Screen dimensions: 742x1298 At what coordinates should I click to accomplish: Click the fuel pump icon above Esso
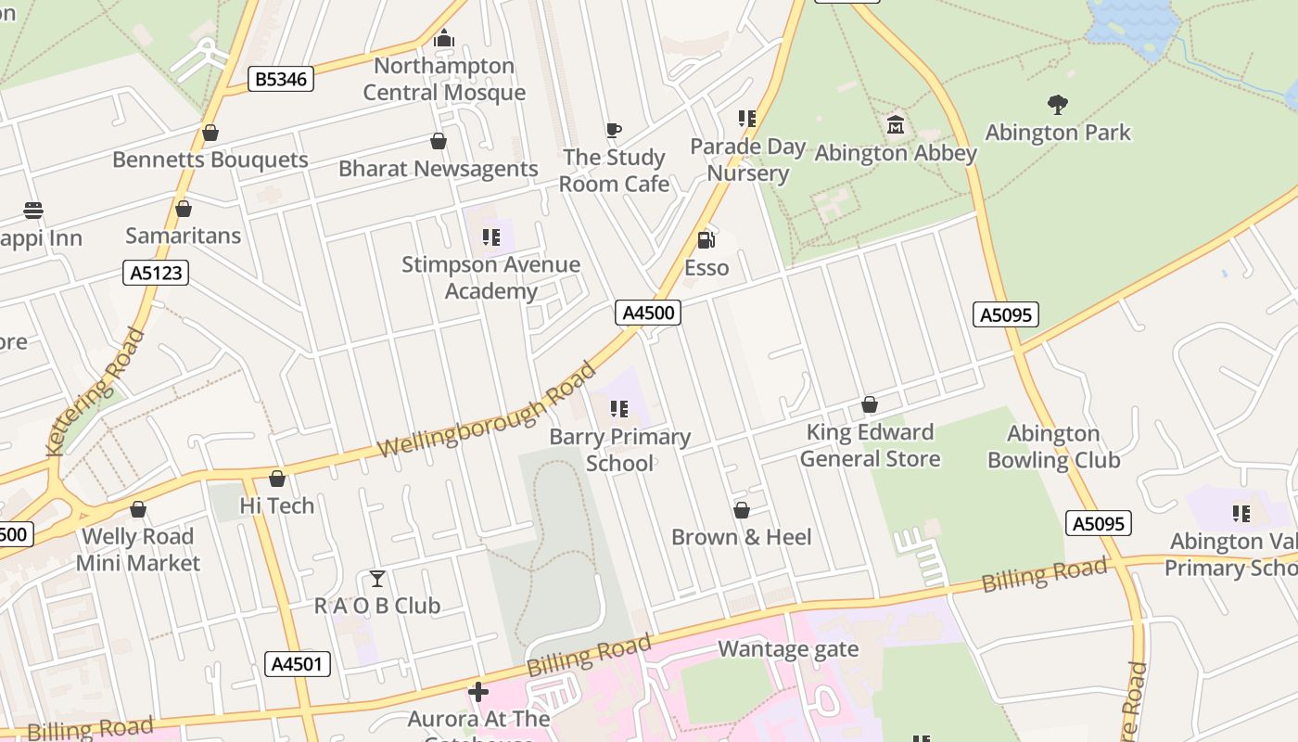(x=706, y=240)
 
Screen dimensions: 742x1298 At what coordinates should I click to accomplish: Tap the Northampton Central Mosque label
(x=444, y=79)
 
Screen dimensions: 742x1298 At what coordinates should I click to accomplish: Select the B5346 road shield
(x=281, y=80)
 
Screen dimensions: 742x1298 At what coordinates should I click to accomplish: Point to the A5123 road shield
(x=155, y=273)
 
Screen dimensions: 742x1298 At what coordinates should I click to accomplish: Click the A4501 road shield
(x=298, y=664)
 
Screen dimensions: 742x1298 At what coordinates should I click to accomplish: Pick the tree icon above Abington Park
(x=1057, y=105)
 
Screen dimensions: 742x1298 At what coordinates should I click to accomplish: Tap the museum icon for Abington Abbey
(x=896, y=125)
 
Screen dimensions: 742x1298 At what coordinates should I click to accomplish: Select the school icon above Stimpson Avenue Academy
(x=490, y=237)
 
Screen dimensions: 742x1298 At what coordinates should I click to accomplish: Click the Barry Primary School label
(x=619, y=449)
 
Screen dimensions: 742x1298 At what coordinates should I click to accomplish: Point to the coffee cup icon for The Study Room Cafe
(x=613, y=131)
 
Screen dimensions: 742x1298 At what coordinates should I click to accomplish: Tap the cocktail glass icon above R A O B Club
(x=376, y=579)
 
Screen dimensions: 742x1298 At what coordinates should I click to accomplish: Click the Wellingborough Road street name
(x=488, y=409)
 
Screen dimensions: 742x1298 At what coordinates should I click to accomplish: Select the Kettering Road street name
(x=95, y=391)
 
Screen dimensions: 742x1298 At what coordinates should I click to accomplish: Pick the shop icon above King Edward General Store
(x=869, y=405)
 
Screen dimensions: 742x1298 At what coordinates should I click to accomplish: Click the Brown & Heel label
(x=741, y=537)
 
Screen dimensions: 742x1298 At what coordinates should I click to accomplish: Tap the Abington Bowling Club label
(x=1053, y=446)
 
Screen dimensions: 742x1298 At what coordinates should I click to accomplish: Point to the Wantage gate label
(x=788, y=649)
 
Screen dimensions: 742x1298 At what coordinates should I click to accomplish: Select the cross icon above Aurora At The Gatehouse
(x=478, y=692)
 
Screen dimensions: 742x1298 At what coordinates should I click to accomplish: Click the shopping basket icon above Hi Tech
(x=276, y=480)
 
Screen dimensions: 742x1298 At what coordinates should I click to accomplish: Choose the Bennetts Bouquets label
(x=210, y=160)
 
